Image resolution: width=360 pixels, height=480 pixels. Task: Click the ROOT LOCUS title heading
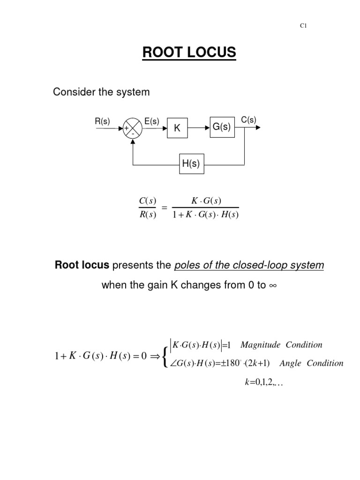pyautogui.click(x=189, y=53)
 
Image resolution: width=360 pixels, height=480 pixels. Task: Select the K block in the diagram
pyautogui.click(x=177, y=128)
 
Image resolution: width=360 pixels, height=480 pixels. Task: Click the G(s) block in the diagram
pyautogui.click(x=222, y=127)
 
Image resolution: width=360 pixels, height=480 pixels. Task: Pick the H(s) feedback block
pyautogui.click(x=191, y=164)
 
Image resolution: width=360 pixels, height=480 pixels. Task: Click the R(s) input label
pyautogui.click(x=103, y=120)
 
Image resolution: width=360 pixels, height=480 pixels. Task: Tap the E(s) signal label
pyautogui.click(x=151, y=120)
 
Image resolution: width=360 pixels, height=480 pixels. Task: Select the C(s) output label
pyautogui.click(x=248, y=120)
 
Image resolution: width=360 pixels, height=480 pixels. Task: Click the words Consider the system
pyautogui.click(x=101, y=92)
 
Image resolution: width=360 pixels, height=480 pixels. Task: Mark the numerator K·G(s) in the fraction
pyautogui.click(x=206, y=202)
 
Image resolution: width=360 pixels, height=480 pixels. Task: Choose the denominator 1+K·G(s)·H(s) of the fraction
pyautogui.click(x=206, y=216)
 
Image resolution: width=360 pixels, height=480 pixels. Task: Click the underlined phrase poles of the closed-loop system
pyautogui.click(x=249, y=265)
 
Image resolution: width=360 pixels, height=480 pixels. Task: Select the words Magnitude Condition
pyautogui.click(x=281, y=345)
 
